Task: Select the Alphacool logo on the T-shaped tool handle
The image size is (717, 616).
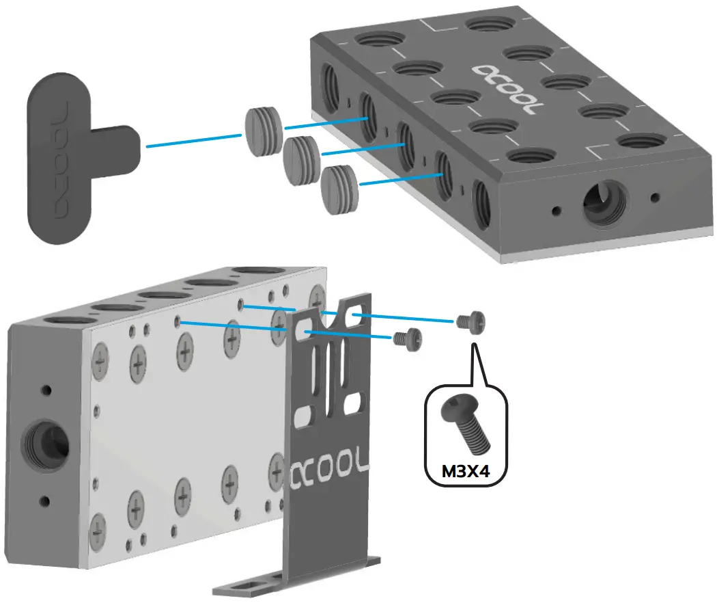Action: click(x=60, y=161)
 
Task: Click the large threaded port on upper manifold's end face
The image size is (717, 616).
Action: click(x=604, y=204)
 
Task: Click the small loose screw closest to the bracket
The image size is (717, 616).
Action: click(x=407, y=338)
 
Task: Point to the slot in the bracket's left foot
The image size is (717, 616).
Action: click(x=248, y=583)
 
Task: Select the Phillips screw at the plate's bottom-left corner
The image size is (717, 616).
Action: click(x=99, y=528)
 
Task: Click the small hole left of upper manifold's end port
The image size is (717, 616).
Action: click(x=557, y=209)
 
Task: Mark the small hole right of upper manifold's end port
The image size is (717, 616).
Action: click(x=655, y=198)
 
